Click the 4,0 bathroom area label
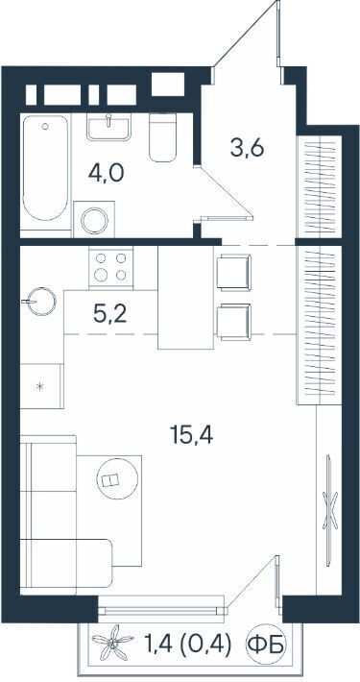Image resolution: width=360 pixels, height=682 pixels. click(107, 173)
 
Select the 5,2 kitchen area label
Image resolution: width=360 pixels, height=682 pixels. click(110, 313)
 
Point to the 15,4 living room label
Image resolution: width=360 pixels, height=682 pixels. click(191, 435)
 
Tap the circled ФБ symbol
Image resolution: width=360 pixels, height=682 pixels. click(265, 645)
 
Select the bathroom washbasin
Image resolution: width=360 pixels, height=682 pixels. click(108, 127)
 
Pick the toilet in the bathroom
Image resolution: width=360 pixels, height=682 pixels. click(162, 137)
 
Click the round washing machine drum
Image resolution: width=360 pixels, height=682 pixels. click(94, 221)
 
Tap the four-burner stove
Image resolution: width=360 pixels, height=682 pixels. click(110, 267)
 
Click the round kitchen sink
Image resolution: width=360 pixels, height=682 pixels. click(42, 301)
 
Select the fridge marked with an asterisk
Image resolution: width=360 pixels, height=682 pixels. click(41, 386)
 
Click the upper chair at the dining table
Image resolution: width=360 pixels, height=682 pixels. click(234, 272)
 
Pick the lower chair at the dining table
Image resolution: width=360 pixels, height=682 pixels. click(234, 322)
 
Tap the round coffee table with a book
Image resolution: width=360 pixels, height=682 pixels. click(117, 479)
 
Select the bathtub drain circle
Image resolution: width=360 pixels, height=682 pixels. click(45, 126)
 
